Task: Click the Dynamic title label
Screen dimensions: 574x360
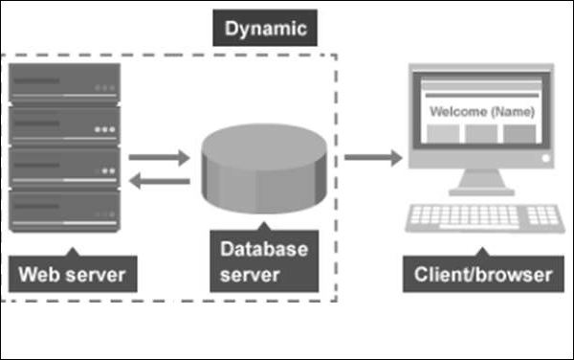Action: tap(265, 28)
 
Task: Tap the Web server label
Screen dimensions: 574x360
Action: tap(73, 274)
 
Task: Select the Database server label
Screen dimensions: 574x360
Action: tap(264, 261)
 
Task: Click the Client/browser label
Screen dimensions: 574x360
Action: tap(483, 274)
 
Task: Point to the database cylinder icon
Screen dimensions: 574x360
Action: tap(264, 169)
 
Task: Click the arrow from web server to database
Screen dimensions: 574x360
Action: tap(159, 157)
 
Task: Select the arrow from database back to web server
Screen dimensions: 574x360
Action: tap(159, 181)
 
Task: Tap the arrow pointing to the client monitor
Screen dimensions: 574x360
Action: tap(373, 157)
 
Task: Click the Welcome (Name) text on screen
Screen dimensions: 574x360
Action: tap(482, 111)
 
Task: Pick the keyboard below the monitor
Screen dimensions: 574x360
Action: tap(485, 218)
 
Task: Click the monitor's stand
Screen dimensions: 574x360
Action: tap(482, 182)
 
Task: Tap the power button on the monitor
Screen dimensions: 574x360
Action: tap(545, 158)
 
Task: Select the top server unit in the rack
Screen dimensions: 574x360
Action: tap(64, 84)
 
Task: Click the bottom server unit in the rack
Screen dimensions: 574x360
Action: tap(64, 212)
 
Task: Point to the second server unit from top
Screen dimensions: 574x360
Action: tap(64, 126)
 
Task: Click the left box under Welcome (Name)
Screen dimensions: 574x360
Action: tap(443, 134)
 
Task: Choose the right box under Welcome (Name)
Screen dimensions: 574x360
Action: tap(519, 134)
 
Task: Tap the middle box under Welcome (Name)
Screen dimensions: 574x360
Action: tap(481, 134)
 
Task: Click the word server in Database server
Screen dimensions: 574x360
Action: tap(250, 275)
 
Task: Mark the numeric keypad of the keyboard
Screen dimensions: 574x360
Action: tap(542, 215)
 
